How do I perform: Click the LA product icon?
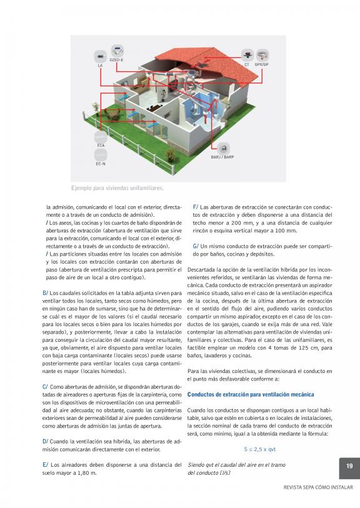click(100, 56)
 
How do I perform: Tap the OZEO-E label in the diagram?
click(116, 60)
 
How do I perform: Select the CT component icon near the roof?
click(247, 55)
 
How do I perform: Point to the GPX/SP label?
click(261, 65)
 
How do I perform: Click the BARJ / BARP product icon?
click(223, 149)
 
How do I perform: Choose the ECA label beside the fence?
click(101, 146)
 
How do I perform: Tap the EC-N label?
click(101, 164)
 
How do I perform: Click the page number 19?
click(349, 466)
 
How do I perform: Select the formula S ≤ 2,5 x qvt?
click(259, 449)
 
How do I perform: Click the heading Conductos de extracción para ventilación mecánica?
click(251, 395)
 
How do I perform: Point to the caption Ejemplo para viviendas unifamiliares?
click(117, 188)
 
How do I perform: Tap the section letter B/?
click(45, 293)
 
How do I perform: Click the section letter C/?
click(45, 387)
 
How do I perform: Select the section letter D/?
click(45, 442)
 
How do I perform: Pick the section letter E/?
click(45, 465)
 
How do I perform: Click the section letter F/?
click(195, 207)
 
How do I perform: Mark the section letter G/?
click(196, 246)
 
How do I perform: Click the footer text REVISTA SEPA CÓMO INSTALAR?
click(318, 487)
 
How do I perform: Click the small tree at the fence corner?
click(95, 107)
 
